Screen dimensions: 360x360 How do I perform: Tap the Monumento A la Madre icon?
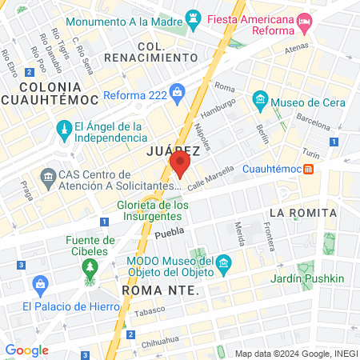[193, 17]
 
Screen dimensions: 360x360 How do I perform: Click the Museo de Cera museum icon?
[259, 101]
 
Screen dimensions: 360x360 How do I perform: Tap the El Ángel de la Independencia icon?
[62, 127]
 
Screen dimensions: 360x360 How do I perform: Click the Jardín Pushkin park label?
[306, 278]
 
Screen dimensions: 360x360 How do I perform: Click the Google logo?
[26, 350]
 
